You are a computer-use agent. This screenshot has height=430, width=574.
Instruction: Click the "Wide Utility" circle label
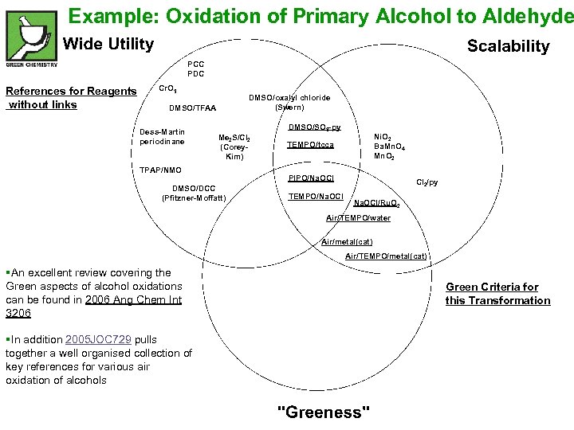pyautogui.click(x=108, y=45)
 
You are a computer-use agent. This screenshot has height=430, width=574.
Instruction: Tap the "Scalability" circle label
pyautogui.click(x=508, y=46)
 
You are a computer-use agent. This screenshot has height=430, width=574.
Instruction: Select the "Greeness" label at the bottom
pyautogui.click(x=323, y=411)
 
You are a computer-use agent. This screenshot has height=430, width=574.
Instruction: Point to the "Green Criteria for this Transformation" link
pyautogui.click(x=497, y=294)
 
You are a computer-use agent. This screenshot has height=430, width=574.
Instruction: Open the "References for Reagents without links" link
pyautogui.click(x=70, y=98)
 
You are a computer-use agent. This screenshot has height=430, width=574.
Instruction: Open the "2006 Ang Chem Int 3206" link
pyautogui.click(x=93, y=306)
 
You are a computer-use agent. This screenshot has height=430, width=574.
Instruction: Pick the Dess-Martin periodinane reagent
pyautogui.click(x=162, y=136)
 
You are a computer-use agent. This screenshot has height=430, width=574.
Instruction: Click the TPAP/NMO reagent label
pyautogui.click(x=160, y=170)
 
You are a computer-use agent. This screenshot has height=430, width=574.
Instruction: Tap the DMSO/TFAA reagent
pyautogui.click(x=193, y=108)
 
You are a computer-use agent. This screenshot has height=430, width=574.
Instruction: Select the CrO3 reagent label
pyautogui.click(x=168, y=88)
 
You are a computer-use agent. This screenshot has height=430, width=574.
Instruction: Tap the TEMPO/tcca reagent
pyautogui.click(x=311, y=145)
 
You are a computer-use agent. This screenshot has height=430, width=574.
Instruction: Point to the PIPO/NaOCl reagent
pyautogui.click(x=311, y=178)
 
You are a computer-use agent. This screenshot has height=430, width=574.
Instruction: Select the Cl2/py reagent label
pyautogui.click(x=427, y=182)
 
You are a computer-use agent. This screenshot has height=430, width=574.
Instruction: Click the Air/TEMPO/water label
pyautogui.click(x=358, y=218)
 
